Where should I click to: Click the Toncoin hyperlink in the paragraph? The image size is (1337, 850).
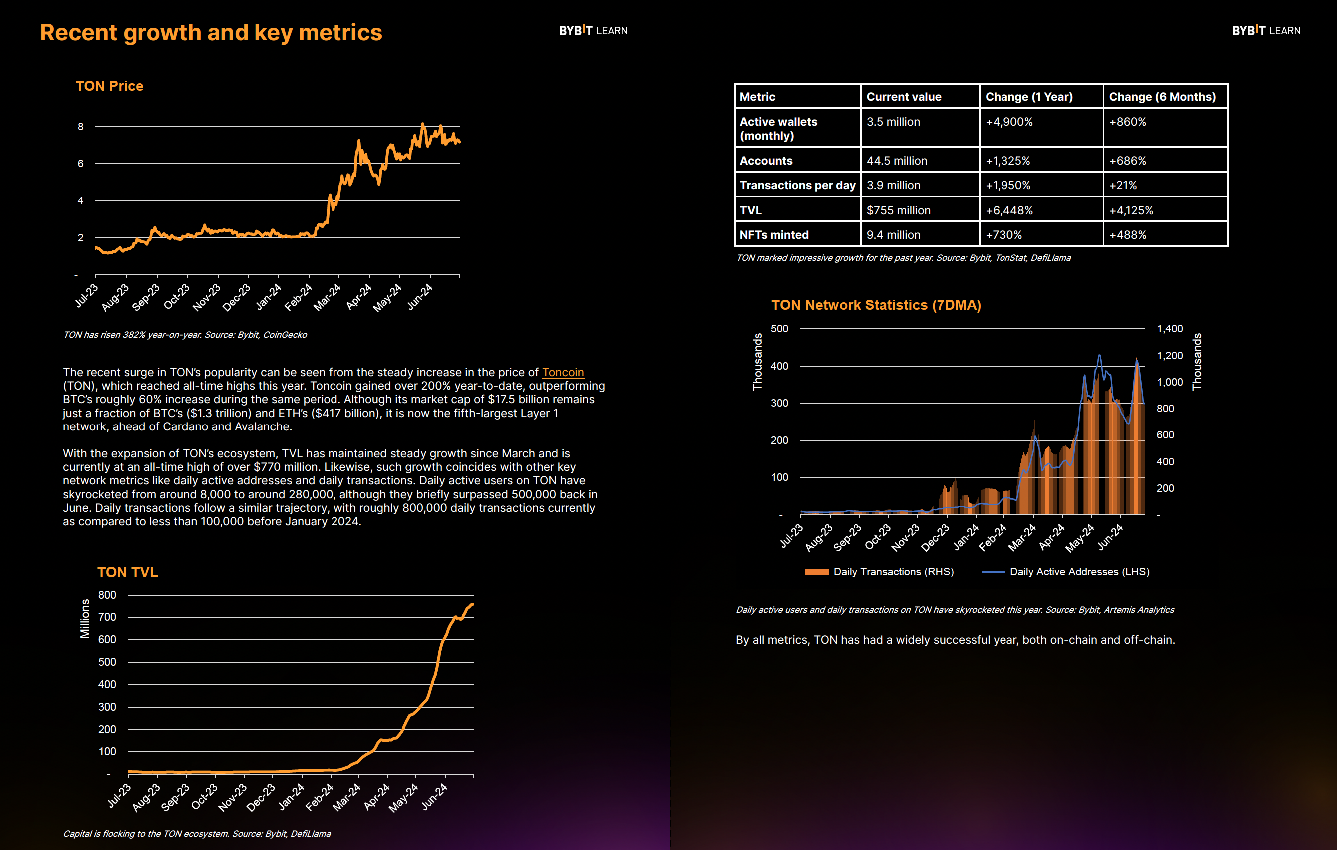(x=563, y=372)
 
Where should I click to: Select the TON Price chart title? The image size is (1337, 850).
(x=109, y=86)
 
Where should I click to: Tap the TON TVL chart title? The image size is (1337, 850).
(x=128, y=572)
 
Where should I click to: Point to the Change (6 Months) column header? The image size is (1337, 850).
(x=1162, y=97)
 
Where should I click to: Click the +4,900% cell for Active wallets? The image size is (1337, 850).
(x=1009, y=122)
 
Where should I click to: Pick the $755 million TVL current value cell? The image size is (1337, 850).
(x=898, y=210)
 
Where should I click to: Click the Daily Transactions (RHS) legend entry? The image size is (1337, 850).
(x=880, y=572)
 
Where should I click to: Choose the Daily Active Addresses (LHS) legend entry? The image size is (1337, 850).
(x=1065, y=572)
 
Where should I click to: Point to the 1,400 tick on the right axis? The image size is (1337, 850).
(x=1170, y=328)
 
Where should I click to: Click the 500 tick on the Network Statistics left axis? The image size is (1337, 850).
(x=779, y=328)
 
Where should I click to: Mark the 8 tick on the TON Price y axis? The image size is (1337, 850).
(x=80, y=127)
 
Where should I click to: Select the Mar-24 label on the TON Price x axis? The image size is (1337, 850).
(x=327, y=297)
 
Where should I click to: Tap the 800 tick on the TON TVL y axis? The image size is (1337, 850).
(x=107, y=595)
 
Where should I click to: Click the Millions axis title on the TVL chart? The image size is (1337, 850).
(x=85, y=618)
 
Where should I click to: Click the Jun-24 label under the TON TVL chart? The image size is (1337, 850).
(x=434, y=796)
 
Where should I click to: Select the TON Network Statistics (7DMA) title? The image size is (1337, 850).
(x=876, y=305)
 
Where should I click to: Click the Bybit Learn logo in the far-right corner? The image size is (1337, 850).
(x=1266, y=30)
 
